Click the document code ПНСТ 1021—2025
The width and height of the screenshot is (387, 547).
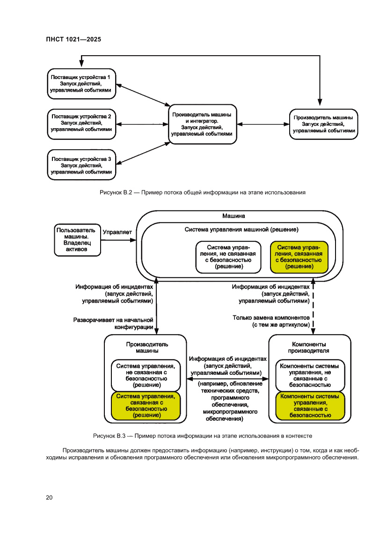coord(74,39)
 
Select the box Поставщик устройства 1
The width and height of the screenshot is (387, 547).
coord(81,83)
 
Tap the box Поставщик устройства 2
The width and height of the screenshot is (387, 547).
coord(81,123)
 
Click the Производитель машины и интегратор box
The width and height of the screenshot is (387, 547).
coord(202,124)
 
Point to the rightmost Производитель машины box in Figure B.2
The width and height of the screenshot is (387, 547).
coord(323,124)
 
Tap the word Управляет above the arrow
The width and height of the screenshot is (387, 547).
coord(117,232)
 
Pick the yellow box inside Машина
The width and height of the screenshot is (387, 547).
coord(299,257)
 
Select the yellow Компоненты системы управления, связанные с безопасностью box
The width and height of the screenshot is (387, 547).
coord(309,405)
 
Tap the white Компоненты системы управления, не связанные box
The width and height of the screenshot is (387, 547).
coord(309,375)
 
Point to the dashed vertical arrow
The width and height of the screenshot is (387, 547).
coord(313,309)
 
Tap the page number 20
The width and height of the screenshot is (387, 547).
coord(49,497)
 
